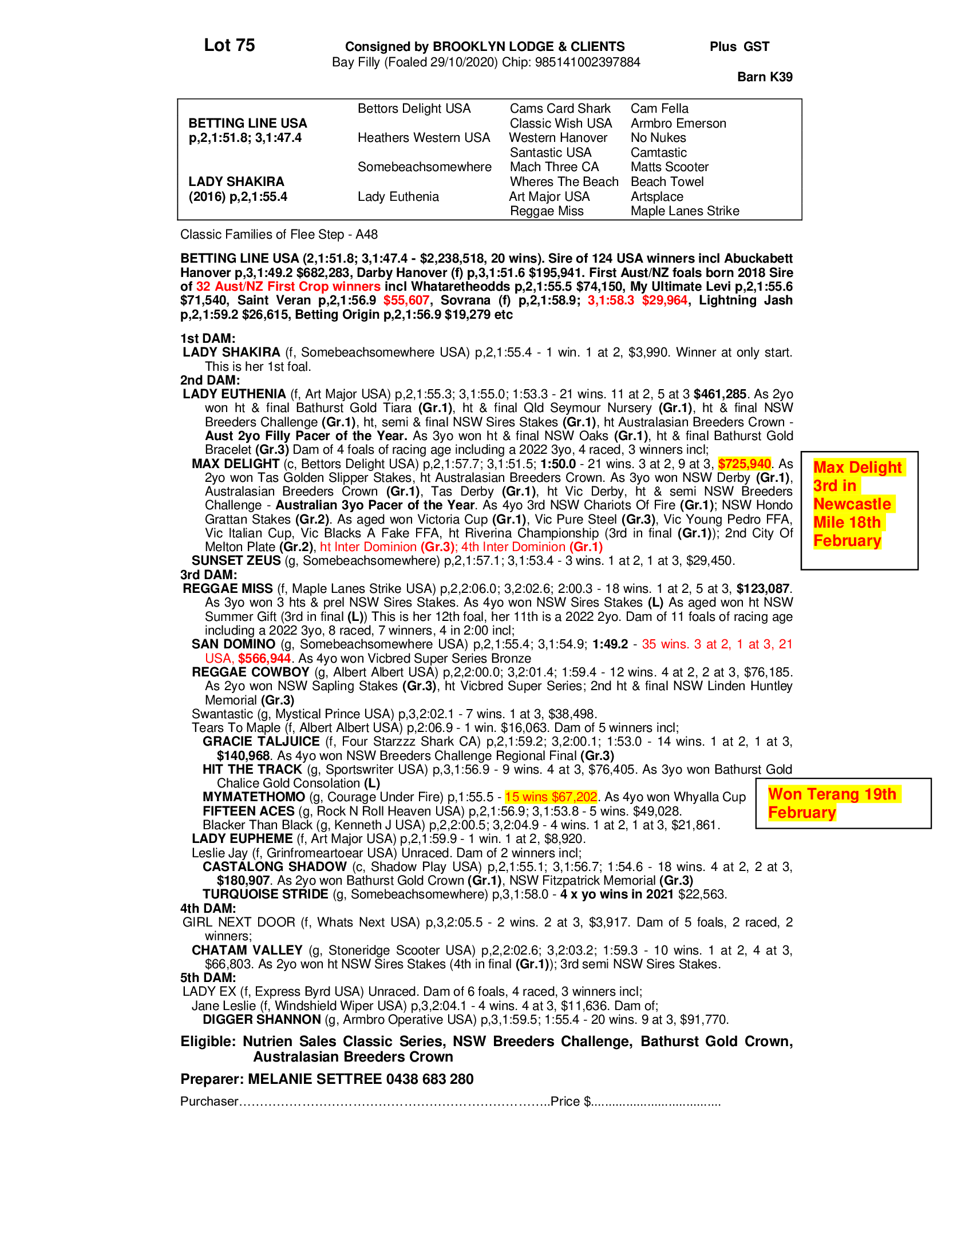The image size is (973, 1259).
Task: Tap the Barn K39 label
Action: pos(764,77)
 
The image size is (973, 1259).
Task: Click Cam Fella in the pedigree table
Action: pos(659,108)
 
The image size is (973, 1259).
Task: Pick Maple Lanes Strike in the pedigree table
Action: pos(684,211)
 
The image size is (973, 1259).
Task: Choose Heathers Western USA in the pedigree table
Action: pos(423,138)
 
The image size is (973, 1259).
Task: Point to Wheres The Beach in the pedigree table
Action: pos(563,181)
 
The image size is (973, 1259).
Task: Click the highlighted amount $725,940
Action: pos(744,464)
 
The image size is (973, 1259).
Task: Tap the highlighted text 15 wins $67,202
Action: pos(551,797)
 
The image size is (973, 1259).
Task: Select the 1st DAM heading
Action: pos(208,338)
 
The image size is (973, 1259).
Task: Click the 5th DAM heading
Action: pos(208,977)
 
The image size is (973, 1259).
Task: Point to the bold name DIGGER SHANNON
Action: pos(261,1019)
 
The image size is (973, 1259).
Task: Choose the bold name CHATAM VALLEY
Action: pos(247,950)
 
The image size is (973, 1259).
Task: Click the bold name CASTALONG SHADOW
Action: pos(274,866)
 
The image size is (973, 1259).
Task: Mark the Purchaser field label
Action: pos(209,1102)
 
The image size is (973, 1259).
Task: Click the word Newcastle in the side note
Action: pos(852,504)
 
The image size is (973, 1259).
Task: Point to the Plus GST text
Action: pos(739,47)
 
